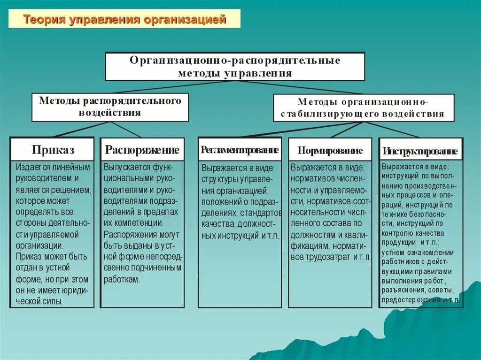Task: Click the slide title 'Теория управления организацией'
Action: click(124, 20)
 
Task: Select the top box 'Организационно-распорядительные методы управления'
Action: click(235, 67)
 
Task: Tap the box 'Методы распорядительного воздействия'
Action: click(110, 107)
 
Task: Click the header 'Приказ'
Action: click(53, 150)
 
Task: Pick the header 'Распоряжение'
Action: click(142, 150)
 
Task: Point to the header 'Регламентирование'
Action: click(240, 150)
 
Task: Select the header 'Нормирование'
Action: click(330, 151)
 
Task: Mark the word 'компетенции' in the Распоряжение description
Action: click(138, 223)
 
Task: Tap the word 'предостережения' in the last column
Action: click(411, 299)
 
